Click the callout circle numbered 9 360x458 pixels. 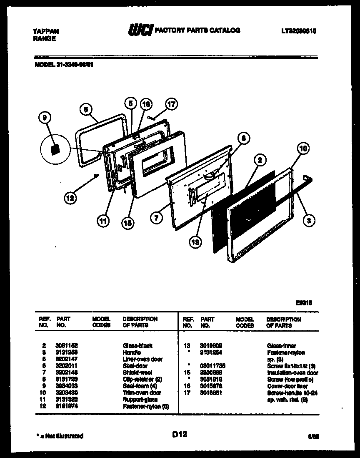pos(43,119)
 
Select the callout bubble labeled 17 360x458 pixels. pos(171,104)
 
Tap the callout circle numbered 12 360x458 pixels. pos(70,199)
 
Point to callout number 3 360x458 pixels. pos(308,221)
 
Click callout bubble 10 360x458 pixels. pos(303,148)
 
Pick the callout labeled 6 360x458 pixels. pos(85,109)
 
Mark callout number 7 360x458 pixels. pos(156,217)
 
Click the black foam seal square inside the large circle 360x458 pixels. pos(54,149)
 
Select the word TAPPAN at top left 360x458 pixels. pos(45,31)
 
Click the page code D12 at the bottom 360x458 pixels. pos(179,434)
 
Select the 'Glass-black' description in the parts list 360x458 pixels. pos(137,346)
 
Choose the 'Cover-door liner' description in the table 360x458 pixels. pos(287,386)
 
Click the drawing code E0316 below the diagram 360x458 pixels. pos(305,303)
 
